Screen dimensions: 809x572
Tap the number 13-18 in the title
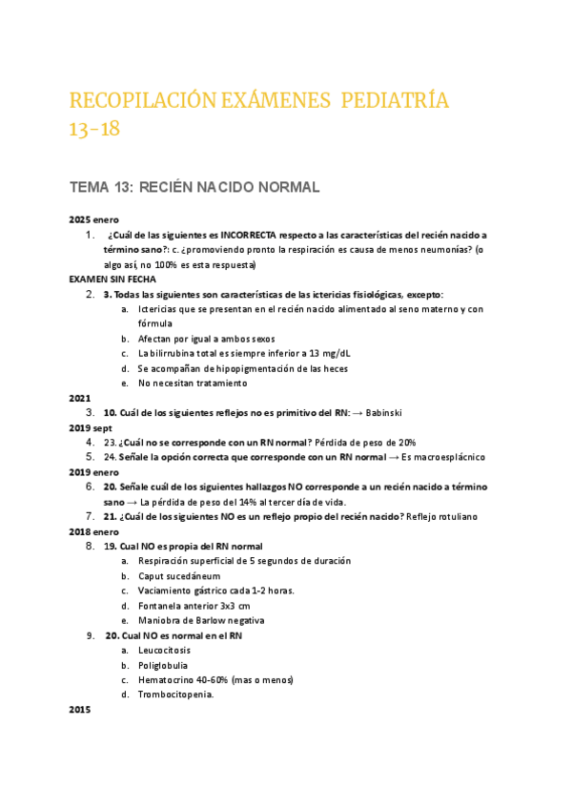coord(95,130)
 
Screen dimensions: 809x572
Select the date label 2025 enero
coord(94,219)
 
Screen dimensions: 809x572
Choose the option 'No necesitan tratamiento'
coord(193,384)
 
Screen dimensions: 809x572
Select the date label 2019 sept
coord(91,427)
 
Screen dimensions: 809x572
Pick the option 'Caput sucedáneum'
coord(179,576)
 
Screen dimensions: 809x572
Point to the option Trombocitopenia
coord(176,695)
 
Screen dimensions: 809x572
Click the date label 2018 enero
coord(94,531)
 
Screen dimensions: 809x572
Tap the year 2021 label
coord(81,398)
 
